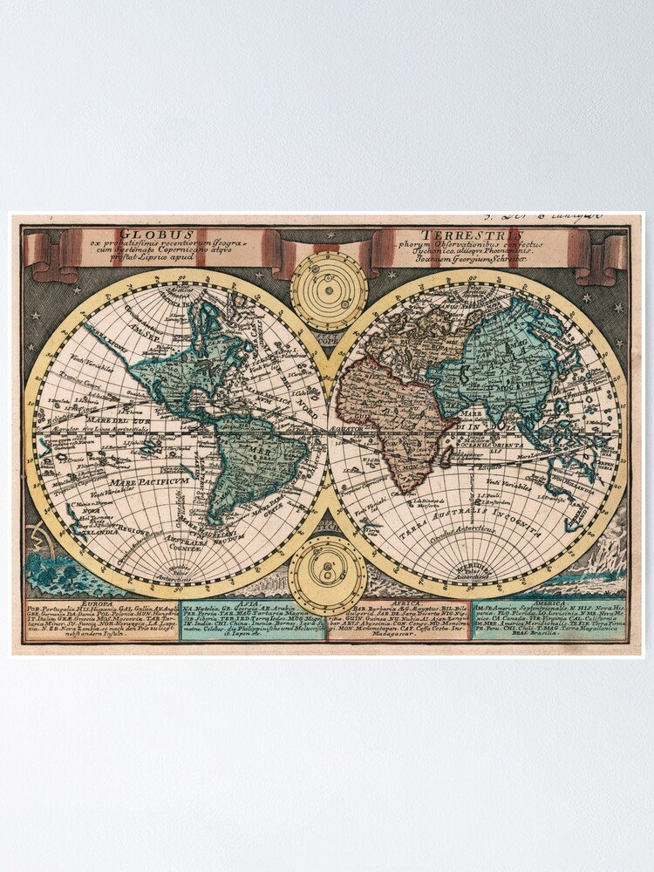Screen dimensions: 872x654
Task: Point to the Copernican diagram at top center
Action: (329, 290)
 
